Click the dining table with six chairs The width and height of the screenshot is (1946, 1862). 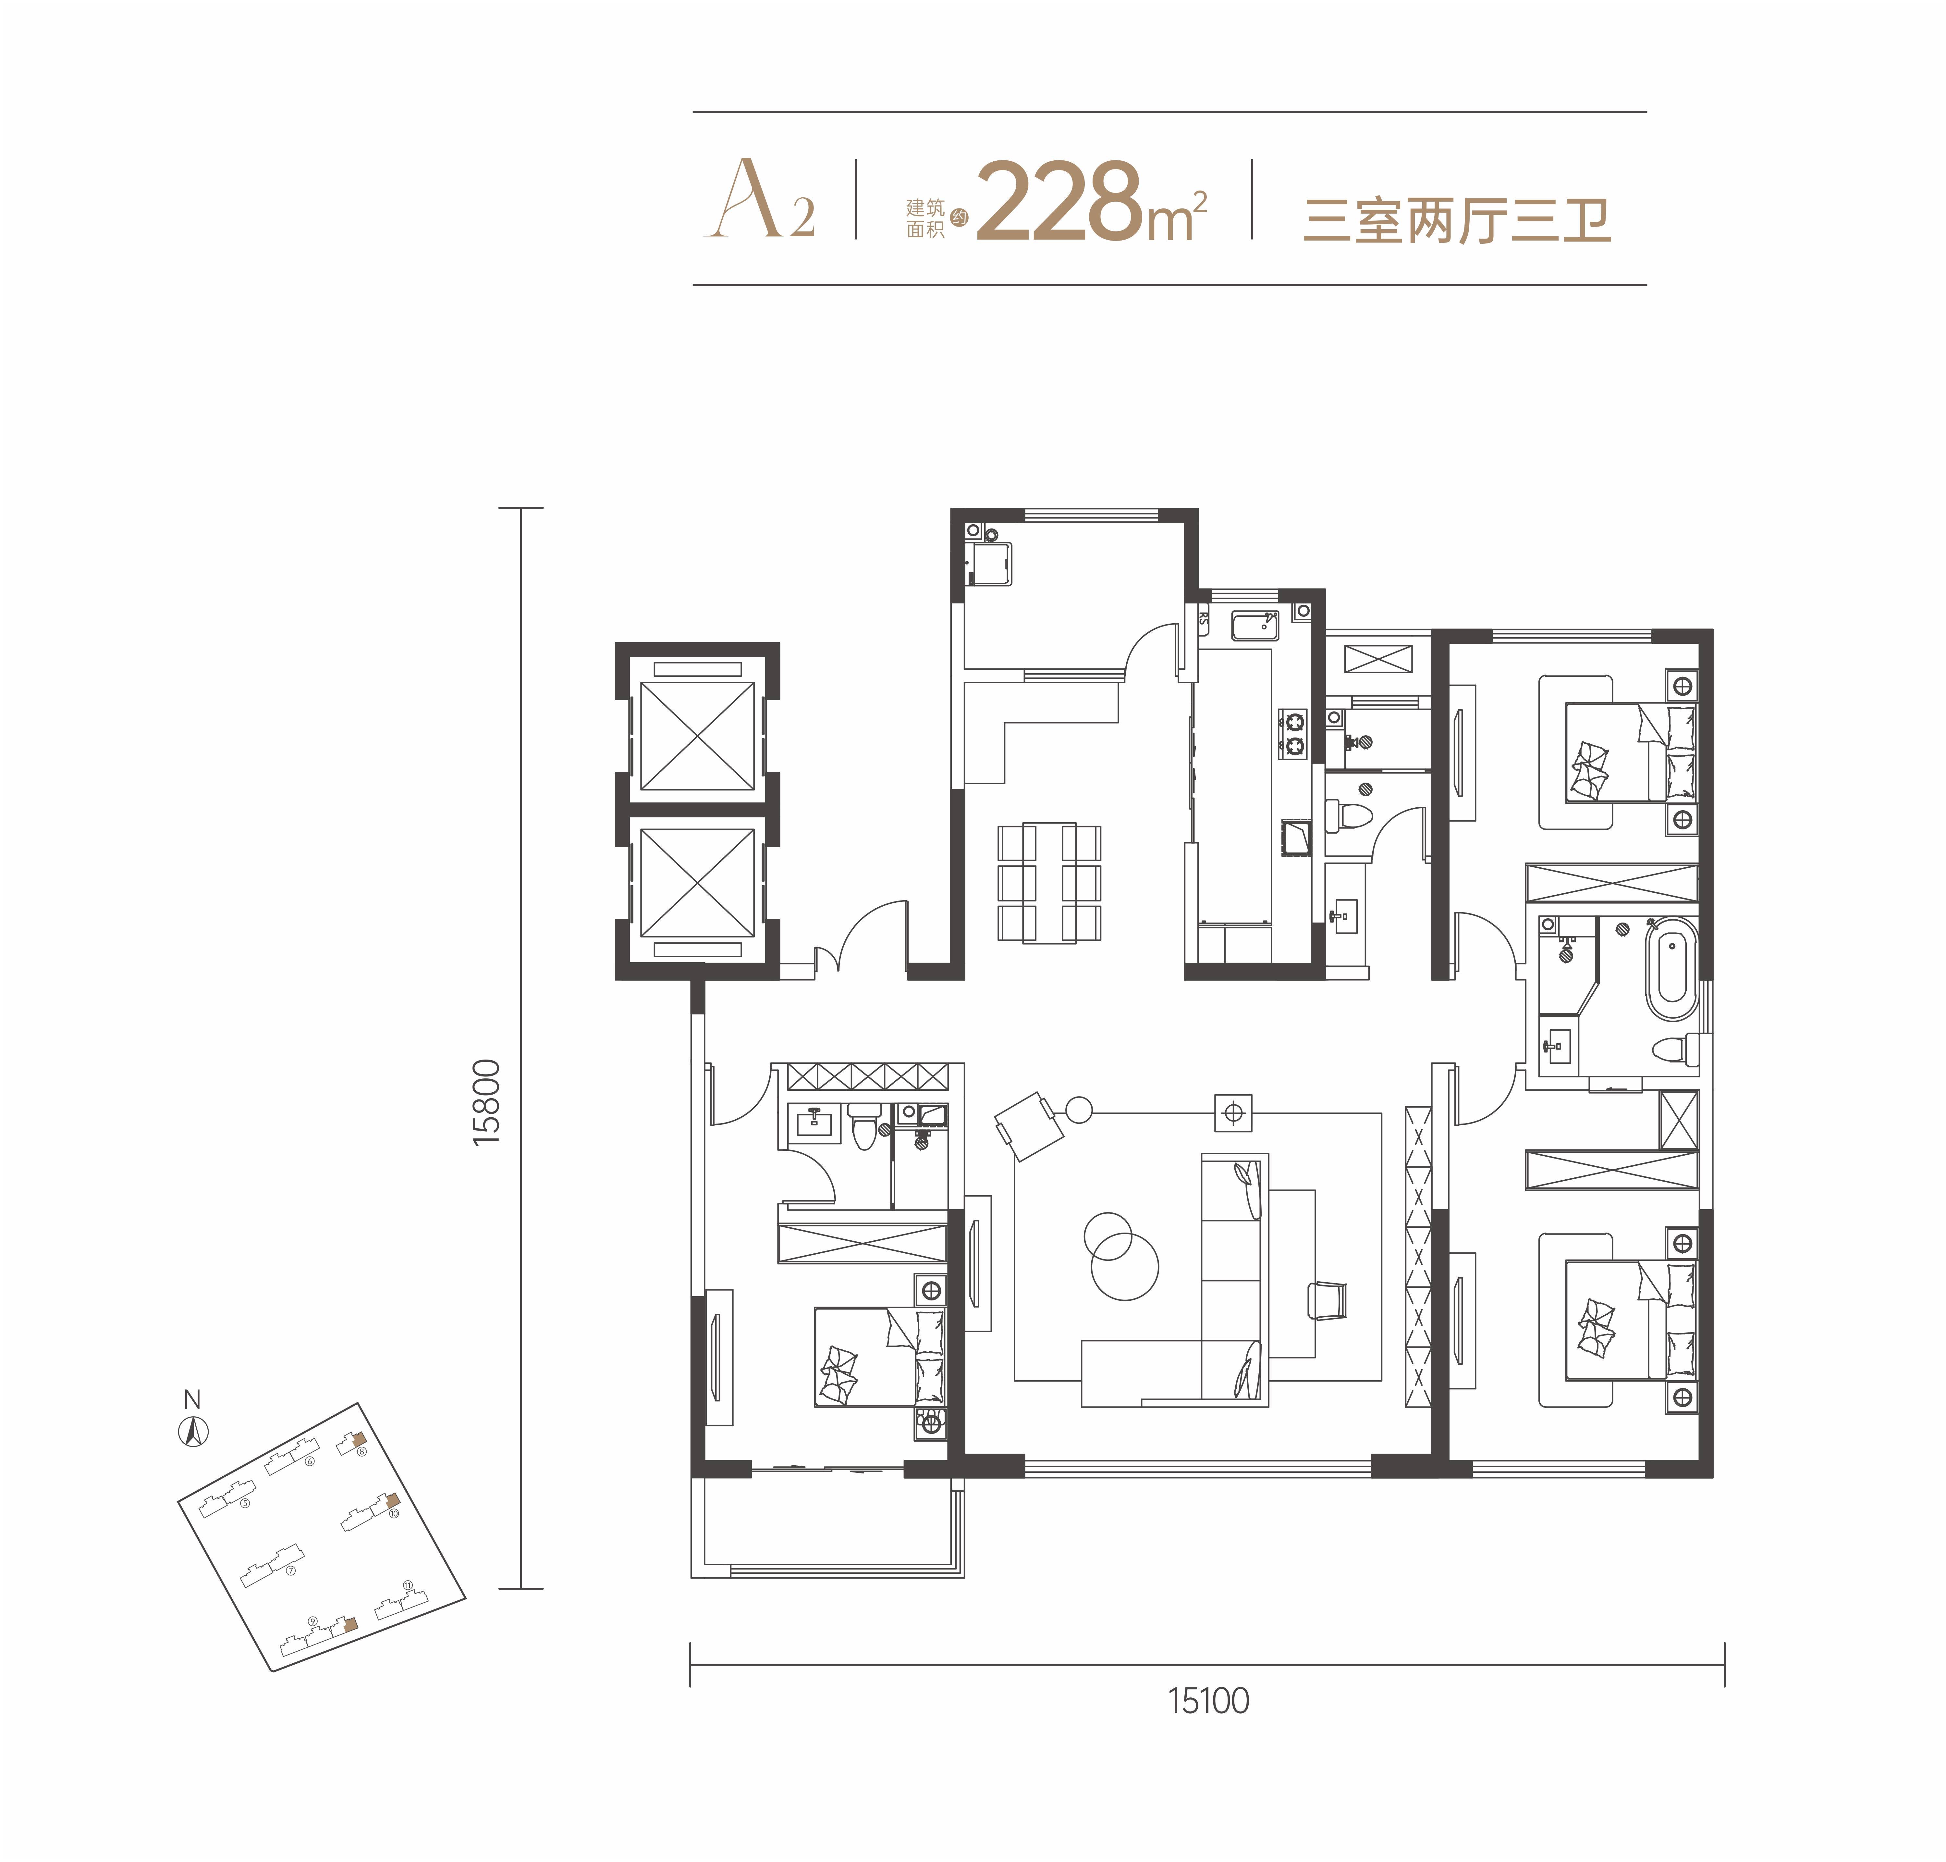[1049, 881]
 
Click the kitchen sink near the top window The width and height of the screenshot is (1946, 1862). [1255, 626]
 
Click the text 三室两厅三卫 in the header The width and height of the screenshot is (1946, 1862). [1456, 220]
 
